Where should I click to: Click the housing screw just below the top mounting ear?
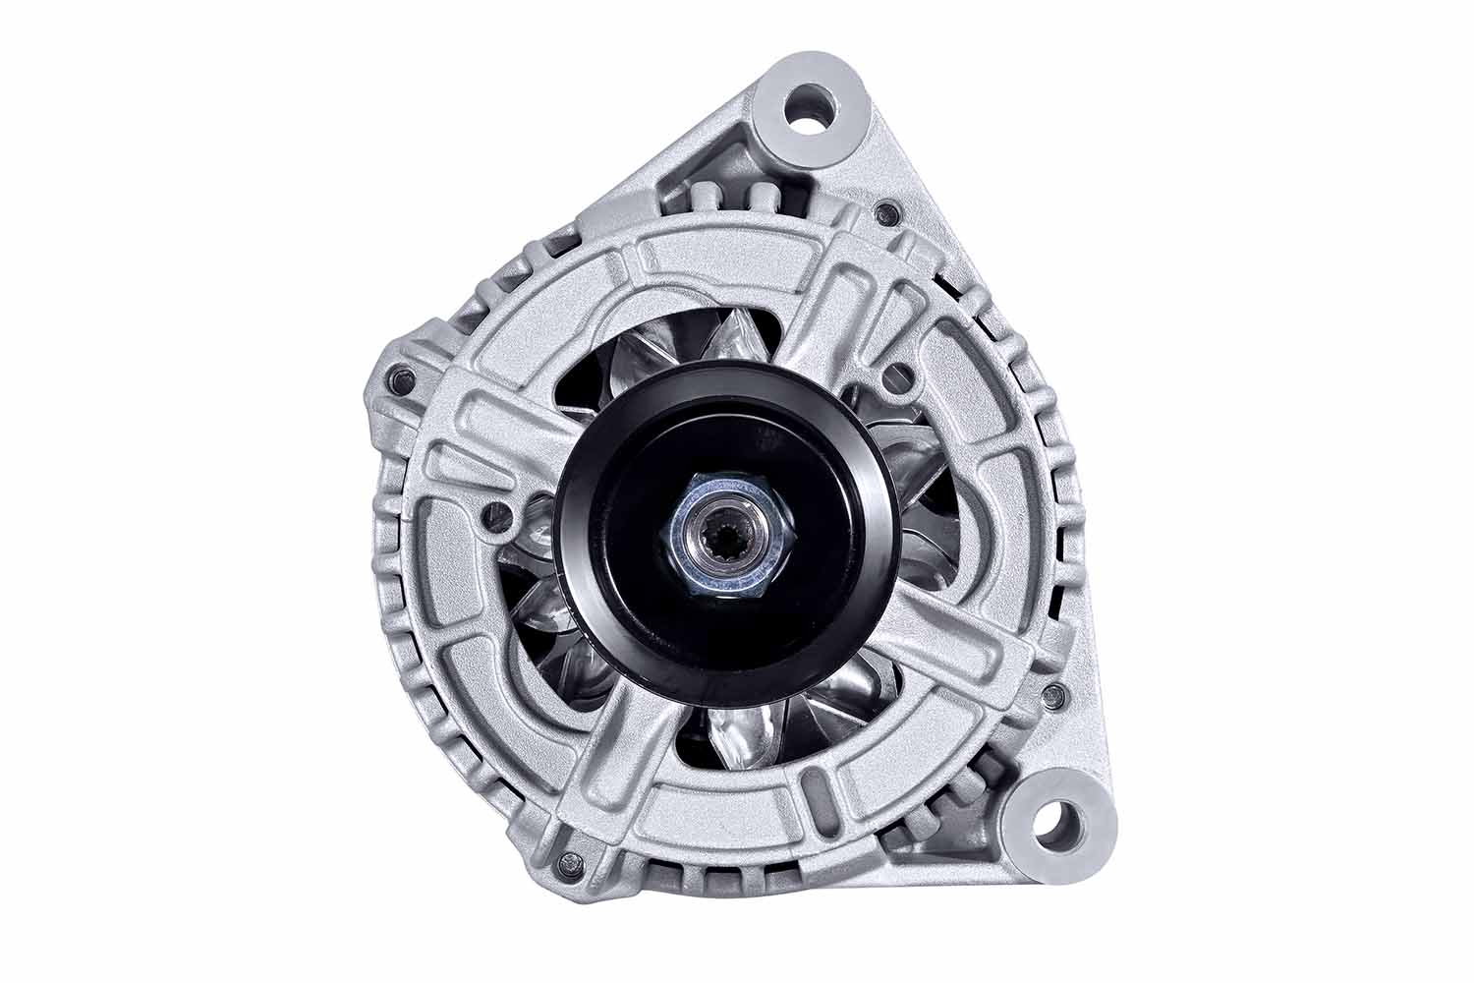pos(890,210)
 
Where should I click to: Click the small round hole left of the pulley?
pos(498,511)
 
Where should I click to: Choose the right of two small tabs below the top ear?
pos(764,195)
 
